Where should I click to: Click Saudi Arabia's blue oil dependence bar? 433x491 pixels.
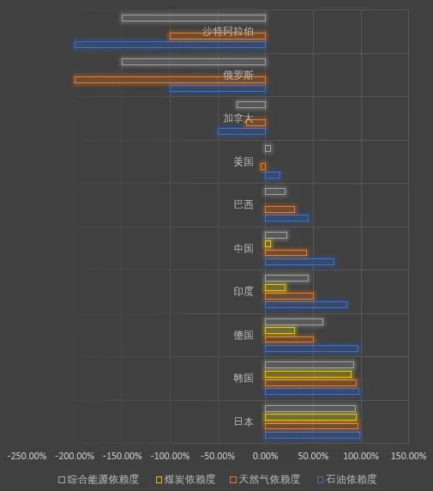tap(170, 45)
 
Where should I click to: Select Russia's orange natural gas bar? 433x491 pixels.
tap(170, 80)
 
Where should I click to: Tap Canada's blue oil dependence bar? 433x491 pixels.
tap(242, 131)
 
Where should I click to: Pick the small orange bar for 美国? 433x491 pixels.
tap(263, 167)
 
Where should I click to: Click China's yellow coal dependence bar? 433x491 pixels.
tap(268, 244)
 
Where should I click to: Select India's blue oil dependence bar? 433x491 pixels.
tap(306, 305)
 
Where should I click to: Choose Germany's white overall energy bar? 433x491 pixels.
tap(294, 322)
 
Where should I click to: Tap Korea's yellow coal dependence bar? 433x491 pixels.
tap(308, 374)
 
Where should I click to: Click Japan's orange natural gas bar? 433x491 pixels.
tap(311, 426)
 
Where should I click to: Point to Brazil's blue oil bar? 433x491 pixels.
tap(286, 218)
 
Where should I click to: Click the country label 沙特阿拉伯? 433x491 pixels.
tap(228, 32)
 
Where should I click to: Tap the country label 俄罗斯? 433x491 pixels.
tap(238, 76)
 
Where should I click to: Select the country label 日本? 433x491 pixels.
tap(244, 421)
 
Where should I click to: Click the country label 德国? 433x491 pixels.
tap(244, 335)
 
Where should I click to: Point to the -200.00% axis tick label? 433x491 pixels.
tap(75, 456)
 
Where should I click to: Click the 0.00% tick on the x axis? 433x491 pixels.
tap(265, 456)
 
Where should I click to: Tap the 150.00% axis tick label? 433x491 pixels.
tap(409, 456)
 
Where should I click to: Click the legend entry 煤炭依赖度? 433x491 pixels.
tap(186, 480)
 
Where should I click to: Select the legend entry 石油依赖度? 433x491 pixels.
tap(347, 480)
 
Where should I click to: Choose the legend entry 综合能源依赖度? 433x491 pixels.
tap(99, 480)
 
